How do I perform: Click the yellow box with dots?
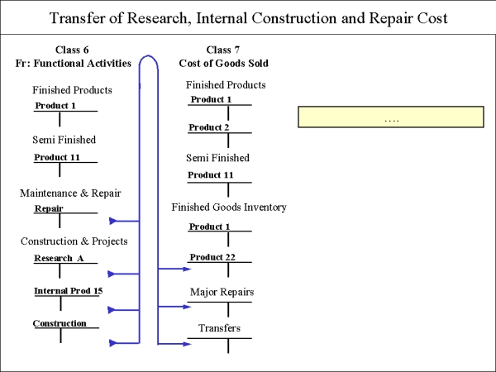[x=391, y=117]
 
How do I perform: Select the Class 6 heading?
[x=72, y=50]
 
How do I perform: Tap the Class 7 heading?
[x=223, y=50]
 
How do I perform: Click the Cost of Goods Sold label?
[x=224, y=64]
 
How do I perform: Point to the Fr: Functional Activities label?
[x=73, y=64]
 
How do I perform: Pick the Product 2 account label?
[x=209, y=127]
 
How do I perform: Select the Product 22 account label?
[x=212, y=257]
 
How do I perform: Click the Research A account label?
[x=59, y=259]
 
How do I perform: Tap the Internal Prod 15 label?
[x=69, y=291]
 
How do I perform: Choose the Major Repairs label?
[x=222, y=292]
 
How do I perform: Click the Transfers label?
[x=220, y=328]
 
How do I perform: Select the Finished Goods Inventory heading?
[x=229, y=207]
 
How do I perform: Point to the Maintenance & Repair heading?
[x=70, y=193]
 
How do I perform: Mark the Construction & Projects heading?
[x=74, y=241]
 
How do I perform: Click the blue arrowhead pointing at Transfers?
[x=187, y=344]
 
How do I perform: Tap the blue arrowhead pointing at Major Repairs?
[x=187, y=307]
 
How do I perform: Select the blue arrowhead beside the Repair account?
[x=113, y=221]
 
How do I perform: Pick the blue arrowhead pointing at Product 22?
[x=187, y=269]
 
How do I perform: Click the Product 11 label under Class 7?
[x=210, y=175]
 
